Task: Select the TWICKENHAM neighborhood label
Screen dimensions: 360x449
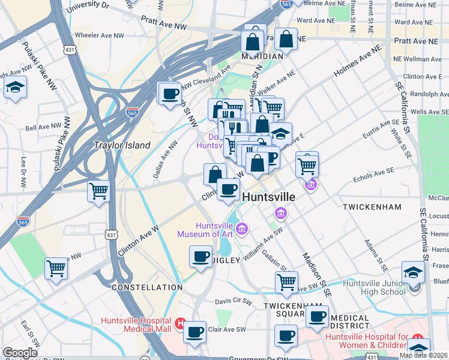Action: (x=372, y=206)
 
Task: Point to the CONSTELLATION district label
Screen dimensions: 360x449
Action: (x=146, y=287)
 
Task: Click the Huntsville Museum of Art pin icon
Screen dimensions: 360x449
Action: (x=241, y=228)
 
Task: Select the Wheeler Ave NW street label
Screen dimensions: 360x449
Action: (x=98, y=35)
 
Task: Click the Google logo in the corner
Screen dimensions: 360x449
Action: (x=20, y=353)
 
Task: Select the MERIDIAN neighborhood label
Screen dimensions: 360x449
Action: (x=262, y=56)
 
